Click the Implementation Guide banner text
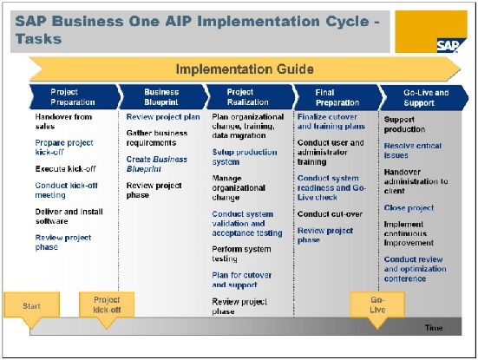point(245,69)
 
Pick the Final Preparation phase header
point(337,97)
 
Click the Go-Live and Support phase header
point(425,97)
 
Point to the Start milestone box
point(31,306)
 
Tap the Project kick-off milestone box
point(107,304)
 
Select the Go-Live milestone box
point(377,304)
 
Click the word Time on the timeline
point(434,328)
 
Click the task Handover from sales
point(63,121)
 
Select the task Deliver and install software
point(69,216)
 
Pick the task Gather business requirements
point(157,138)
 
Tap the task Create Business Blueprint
point(157,164)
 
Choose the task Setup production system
point(245,157)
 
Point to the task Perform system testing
point(241,253)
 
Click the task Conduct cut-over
point(330,214)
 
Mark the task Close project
point(409,208)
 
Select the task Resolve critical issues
point(412,150)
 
